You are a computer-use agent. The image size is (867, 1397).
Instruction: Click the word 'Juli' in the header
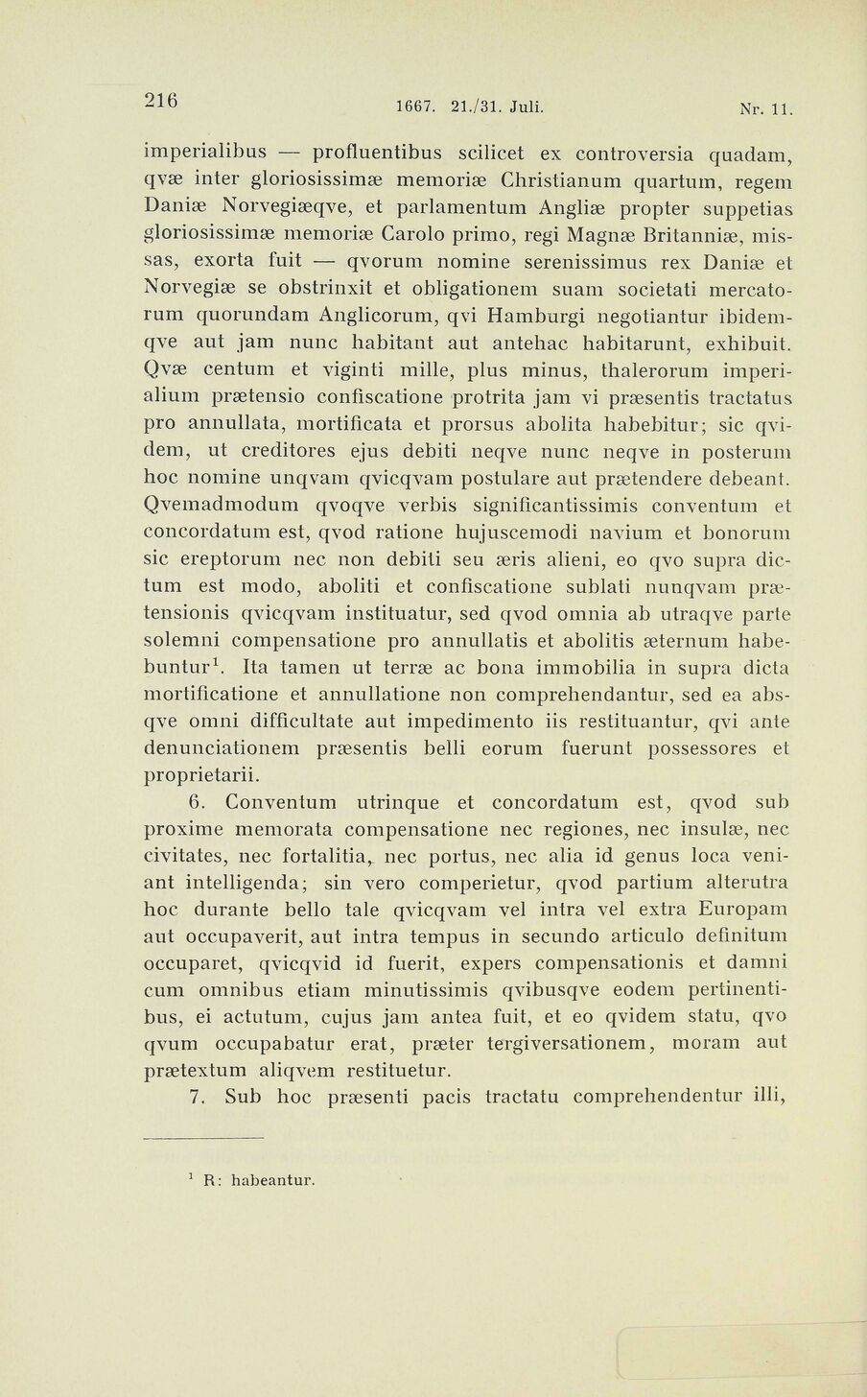pyautogui.click(x=527, y=107)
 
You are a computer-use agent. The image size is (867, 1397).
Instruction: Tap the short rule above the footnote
pyautogui.click(x=202, y=1139)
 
